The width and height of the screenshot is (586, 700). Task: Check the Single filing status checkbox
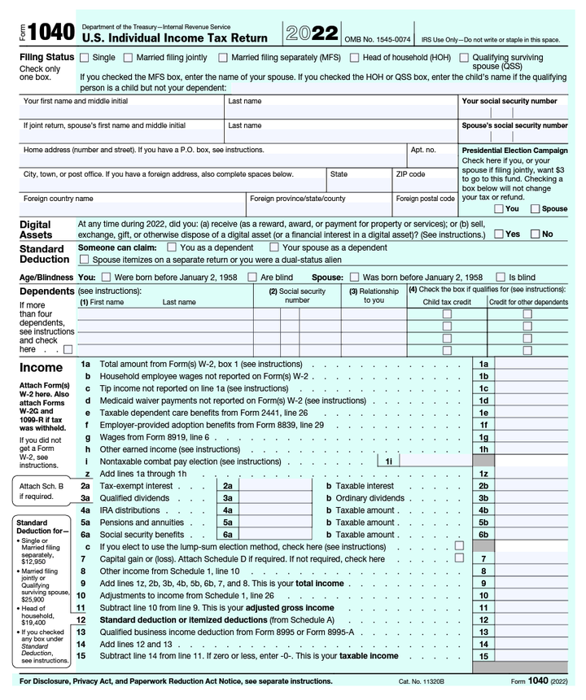pos(85,58)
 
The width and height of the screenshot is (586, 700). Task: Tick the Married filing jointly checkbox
pos(129,58)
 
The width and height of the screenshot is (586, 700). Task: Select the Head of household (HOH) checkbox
pos(355,58)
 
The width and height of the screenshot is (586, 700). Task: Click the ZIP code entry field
pos(424,186)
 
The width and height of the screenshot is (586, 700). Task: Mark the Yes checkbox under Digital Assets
pos(498,234)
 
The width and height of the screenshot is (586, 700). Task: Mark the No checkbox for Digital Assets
pos(535,234)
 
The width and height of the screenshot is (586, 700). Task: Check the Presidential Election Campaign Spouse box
pos(535,208)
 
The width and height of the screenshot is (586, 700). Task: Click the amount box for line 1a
pos(540,364)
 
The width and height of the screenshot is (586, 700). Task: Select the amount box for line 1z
pos(540,473)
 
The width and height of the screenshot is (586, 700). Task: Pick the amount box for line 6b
pos(540,535)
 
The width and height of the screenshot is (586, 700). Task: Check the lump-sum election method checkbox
pos(459,546)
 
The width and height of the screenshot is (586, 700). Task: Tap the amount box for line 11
pos(540,607)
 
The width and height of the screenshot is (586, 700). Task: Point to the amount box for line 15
pos(540,656)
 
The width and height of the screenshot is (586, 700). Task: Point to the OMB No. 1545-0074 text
pos(378,39)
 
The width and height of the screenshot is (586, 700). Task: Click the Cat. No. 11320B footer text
pos(421,681)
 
